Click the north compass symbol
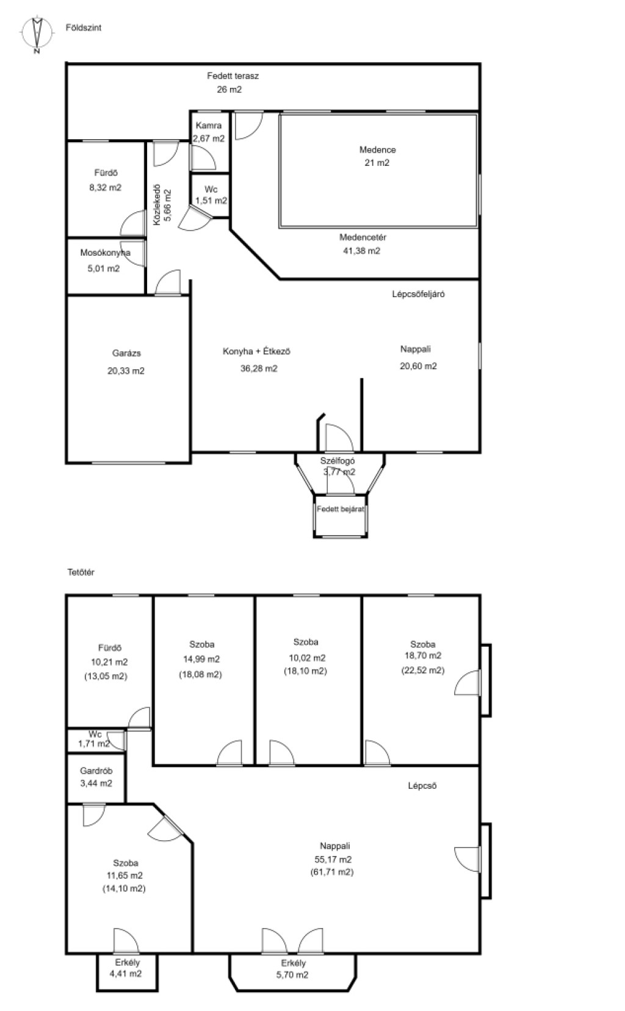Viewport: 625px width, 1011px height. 37,34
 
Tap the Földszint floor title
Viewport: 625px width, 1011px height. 84,27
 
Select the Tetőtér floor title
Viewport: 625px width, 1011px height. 81,572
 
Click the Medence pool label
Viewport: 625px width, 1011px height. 378,149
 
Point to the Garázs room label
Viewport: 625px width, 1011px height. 126,353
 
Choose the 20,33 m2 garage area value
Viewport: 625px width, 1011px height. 126,370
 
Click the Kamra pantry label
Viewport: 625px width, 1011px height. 209,126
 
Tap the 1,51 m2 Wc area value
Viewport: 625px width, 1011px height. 211,201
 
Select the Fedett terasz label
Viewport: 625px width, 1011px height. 233,76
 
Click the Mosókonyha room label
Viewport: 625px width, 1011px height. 105,253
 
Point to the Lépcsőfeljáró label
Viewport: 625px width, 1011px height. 418,294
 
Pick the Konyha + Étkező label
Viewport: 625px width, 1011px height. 256,351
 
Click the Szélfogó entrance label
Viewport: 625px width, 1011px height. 338,461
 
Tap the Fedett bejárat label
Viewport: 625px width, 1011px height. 341,509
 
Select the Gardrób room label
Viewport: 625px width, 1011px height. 96,771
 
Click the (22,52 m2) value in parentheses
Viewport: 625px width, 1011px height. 423,671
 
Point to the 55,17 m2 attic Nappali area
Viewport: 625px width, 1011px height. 333,859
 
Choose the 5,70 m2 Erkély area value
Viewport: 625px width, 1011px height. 292,975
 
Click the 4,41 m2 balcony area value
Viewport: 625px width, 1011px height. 126,974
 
